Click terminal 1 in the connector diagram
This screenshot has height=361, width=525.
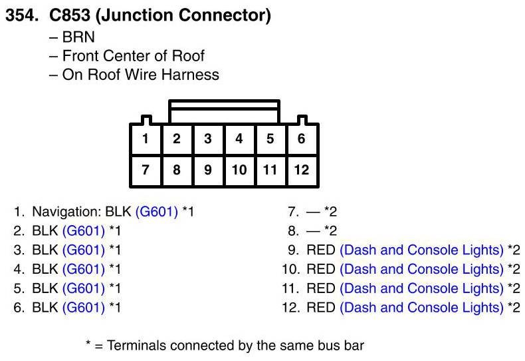[x=146, y=139]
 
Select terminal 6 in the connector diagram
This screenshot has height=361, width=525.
[x=301, y=139]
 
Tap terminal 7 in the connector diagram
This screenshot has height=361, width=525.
[x=146, y=170]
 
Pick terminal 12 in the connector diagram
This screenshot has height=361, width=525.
[x=301, y=170]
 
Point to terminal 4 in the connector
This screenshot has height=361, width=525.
[x=239, y=139]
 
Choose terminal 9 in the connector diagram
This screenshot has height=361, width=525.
[x=208, y=170]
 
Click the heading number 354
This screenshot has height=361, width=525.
[x=22, y=15]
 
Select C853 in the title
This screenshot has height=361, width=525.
[x=70, y=15]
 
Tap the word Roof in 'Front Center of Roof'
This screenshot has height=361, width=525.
[x=188, y=56]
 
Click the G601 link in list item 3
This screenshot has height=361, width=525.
[x=84, y=250]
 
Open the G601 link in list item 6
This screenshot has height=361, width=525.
[x=84, y=308]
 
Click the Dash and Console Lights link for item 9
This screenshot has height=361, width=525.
[x=422, y=250]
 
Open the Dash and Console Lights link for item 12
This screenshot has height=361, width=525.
[x=422, y=308]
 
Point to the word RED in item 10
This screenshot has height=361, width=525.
[x=321, y=269]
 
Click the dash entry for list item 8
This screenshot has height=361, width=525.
[x=313, y=232]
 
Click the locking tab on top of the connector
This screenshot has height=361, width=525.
[x=225, y=112]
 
